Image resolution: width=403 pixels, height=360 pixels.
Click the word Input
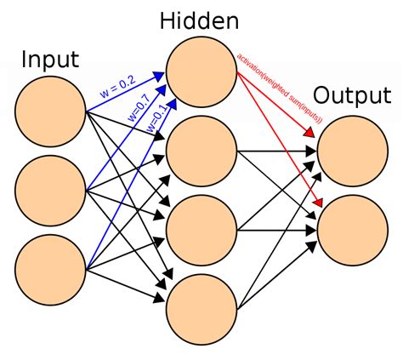point(51,60)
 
